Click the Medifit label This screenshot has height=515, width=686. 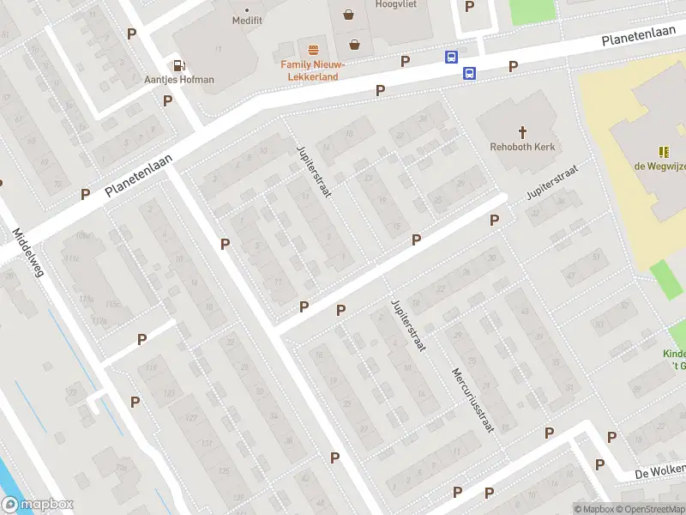[246, 20]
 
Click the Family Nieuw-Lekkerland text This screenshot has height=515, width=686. [314, 70]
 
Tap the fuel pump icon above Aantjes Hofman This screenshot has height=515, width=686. [179, 64]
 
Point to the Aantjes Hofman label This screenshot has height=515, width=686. [179, 80]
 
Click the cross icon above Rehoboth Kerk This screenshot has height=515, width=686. [522, 131]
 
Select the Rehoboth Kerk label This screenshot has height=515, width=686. [522, 147]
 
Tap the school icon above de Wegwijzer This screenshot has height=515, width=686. [663, 151]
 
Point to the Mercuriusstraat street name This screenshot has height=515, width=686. [472, 399]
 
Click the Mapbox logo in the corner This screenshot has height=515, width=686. [38, 505]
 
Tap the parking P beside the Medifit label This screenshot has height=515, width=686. [131, 33]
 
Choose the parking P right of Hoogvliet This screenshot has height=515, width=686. [469, 6]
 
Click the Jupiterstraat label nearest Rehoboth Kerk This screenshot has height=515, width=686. [553, 182]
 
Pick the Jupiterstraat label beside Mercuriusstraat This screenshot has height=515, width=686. [407, 326]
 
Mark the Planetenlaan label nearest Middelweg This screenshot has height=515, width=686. [139, 175]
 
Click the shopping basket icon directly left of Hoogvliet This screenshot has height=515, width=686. [348, 14]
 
